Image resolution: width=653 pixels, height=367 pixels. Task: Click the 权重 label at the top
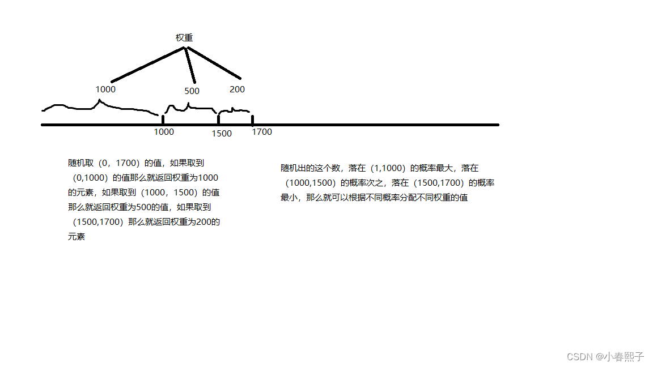[x=184, y=38]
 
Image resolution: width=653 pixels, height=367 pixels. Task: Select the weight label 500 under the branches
[x=192, y=91]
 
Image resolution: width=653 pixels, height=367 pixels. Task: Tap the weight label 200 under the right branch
[x=237, y=89]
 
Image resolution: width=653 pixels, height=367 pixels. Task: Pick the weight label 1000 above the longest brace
[x=105, y=89]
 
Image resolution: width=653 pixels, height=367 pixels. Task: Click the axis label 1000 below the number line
[x=164, y=132]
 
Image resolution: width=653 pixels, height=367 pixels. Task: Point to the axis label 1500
[x=222, y=134]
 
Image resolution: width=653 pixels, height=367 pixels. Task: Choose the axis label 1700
[x=262, y=132]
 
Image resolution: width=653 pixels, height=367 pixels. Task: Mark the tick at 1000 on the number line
[x=163, y=120]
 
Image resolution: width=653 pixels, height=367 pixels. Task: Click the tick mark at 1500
[x=218, y=120]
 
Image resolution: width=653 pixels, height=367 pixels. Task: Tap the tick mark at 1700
[x=252, y=120]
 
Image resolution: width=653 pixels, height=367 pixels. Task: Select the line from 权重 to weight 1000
[x=147, y=65]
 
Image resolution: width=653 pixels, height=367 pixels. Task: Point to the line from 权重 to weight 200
[x=214, y=63]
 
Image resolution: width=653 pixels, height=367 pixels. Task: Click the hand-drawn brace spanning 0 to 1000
[x=99, y=106]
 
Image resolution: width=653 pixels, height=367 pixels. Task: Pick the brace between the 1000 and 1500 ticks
[x=188, y=108]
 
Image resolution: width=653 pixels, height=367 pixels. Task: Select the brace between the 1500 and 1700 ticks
[x=235, y=110]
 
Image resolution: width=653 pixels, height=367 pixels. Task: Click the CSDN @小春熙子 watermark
[x=605, y=357]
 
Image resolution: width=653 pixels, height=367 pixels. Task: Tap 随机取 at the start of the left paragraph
[x=80, y=163]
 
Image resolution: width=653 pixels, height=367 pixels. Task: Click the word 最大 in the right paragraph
[x=446, y=168]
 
